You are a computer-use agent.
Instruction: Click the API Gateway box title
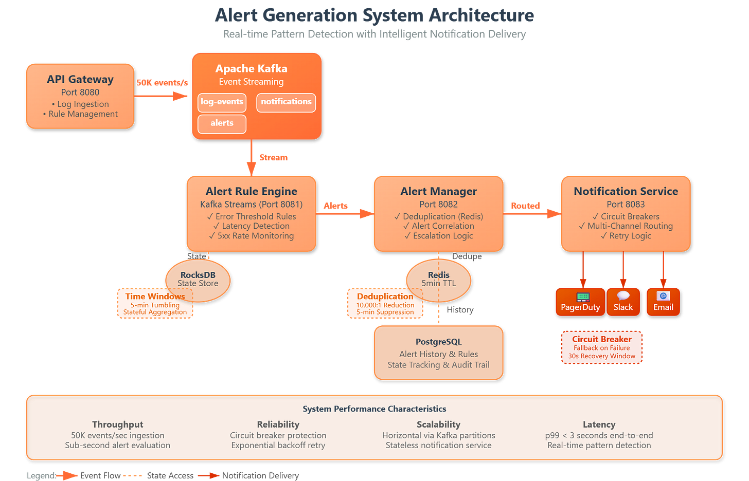[x=80, y=79]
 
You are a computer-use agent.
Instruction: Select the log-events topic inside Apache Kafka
[x=222, y=102]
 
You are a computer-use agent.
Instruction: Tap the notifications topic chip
[x=286, y=102]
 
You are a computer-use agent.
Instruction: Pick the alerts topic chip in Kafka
[x=222, y=123]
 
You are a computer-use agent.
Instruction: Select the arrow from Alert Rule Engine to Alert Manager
[x=345, y=213]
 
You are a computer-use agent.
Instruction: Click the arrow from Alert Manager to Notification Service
[x=532, y=213]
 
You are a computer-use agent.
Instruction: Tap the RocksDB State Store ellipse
[x=198, y=279]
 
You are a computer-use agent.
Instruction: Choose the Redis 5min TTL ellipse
[x=438, y=279]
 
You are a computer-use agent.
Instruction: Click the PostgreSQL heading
[x=439, y=342]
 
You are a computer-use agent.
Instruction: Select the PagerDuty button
[x=580, y=302]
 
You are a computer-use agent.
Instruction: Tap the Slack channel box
[x=623, y=302]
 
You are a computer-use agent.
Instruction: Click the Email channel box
[x=663, y=302]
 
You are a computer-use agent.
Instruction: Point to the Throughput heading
[x=118, y=424]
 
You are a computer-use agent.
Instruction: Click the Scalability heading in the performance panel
[x=438, y=424]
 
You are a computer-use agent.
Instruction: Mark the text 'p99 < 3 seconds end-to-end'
[x=599, y=435]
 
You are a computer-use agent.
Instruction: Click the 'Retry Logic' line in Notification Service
[x=626, y=236]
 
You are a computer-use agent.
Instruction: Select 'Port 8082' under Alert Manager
[x=438, y=204]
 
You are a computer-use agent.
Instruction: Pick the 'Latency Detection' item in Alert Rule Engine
[x=251, y=226]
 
